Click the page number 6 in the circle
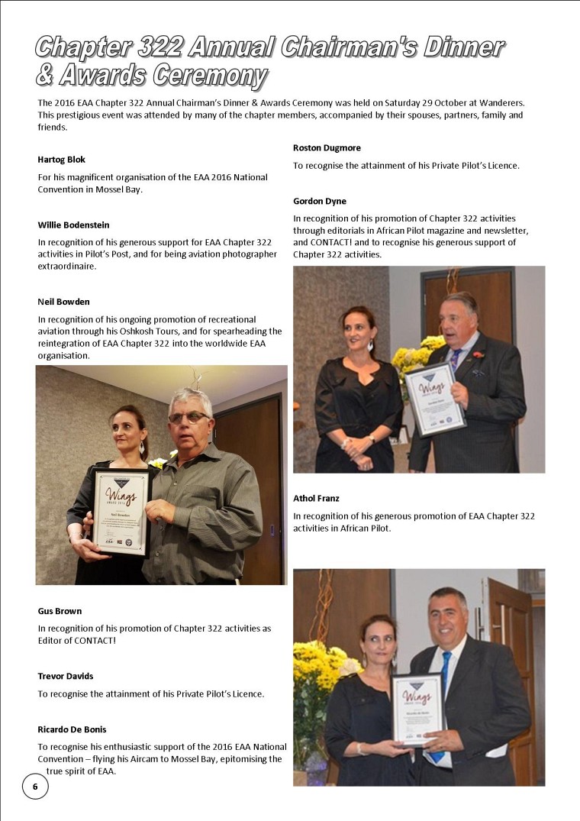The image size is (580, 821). click(x=34, y=786)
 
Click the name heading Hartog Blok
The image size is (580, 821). click(x=61, y=160)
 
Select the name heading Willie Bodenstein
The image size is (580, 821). click(x=73, y=225)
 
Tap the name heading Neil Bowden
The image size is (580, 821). click(x=63, y=302)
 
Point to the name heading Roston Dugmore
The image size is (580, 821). click(x=327, y=147)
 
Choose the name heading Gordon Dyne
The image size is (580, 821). click(x=319, y=201)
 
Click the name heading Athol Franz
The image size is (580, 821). click(x=316, y=499)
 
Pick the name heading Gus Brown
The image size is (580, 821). click(x=60, y=611)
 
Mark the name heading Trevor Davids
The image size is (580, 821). click(x=66, y=676)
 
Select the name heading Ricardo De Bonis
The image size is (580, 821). click(x=73, y=729)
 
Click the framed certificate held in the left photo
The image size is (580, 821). click(x=122, y=511)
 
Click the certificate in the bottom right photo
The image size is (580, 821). click(x=418, y=709)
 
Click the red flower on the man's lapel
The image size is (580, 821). click(x=478, y=354)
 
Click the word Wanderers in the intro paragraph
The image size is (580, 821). click(x=500, y=102)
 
